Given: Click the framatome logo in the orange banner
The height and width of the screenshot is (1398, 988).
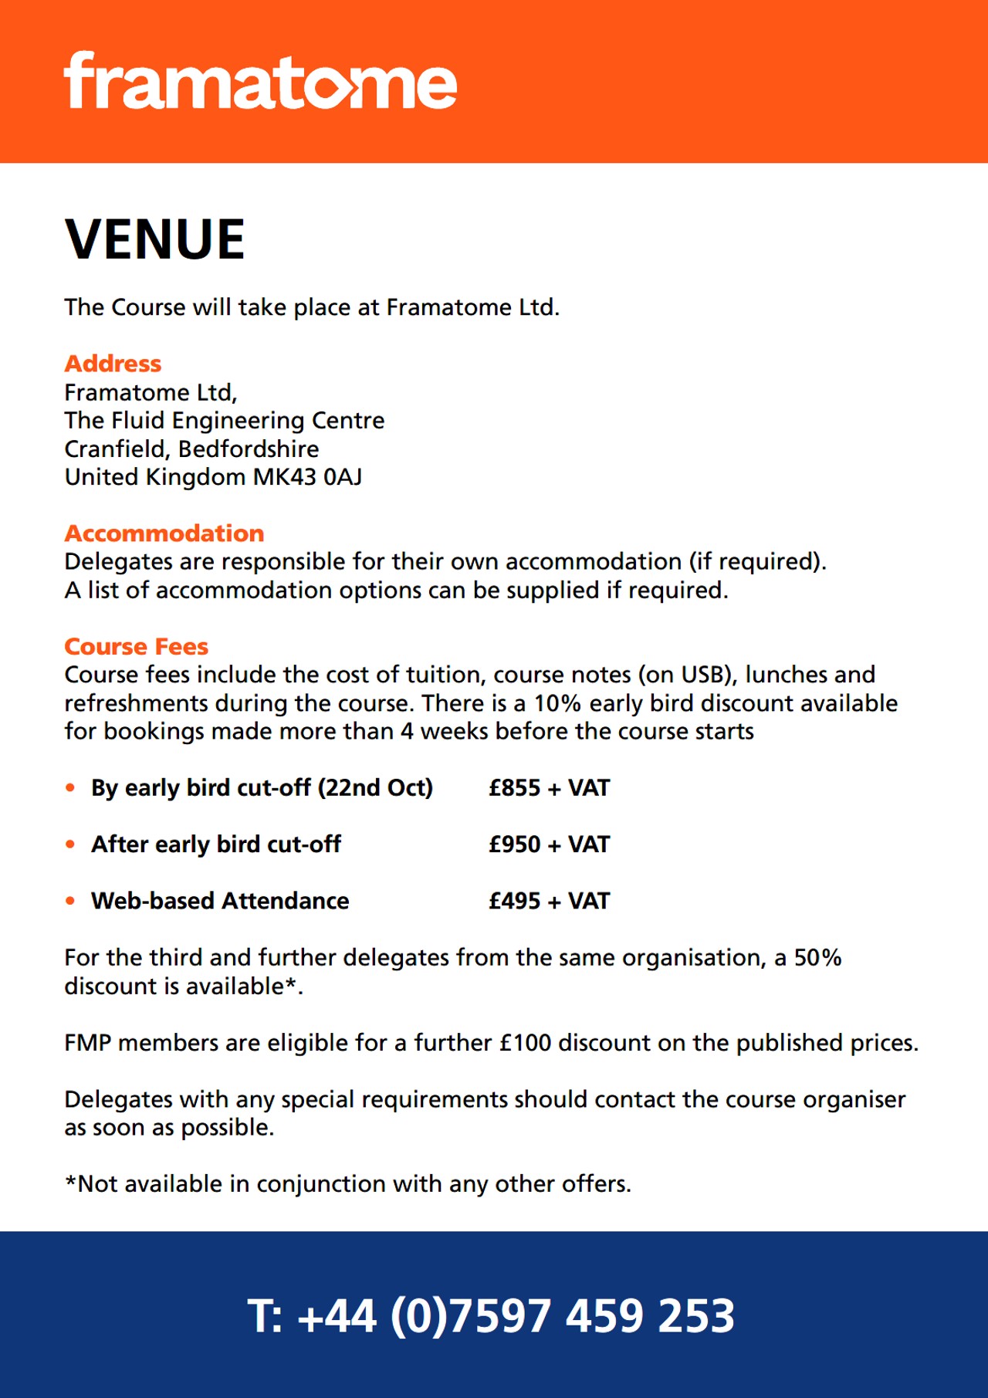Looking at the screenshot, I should coord(260,82).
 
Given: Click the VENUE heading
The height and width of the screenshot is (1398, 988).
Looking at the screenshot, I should coord(155,239).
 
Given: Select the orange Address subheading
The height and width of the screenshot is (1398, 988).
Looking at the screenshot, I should coord(113,364).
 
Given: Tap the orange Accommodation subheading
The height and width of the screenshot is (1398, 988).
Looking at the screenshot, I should coord(164,533).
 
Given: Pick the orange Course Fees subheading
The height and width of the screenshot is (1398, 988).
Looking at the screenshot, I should coord(137,647).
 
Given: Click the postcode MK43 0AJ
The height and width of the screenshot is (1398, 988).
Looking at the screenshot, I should coord(307,477).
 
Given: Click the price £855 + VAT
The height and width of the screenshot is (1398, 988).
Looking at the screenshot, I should coord(549,788).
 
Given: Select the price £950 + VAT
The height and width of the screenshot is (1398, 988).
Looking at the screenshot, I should coord(549,845).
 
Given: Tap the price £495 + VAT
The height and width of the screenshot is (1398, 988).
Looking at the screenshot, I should coord(549,901).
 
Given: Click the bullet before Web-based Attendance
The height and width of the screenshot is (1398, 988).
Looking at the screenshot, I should coord(70,901).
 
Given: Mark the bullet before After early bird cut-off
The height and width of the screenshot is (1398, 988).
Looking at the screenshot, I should coord(70,845).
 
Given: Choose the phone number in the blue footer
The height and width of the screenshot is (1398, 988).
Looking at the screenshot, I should coord(492,1315).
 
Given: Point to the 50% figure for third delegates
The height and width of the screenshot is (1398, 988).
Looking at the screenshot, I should coord(817,958).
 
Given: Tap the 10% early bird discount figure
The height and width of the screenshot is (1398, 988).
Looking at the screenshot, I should coord(557,703).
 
